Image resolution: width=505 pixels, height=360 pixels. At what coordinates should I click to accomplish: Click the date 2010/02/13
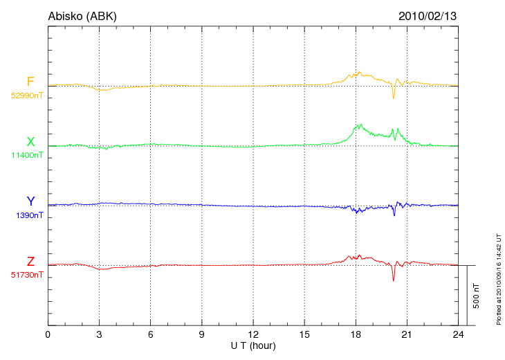pyautogui.click(x=428, y=16)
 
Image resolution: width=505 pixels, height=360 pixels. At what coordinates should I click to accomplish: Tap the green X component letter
pyautogui.click(x=30, y=142)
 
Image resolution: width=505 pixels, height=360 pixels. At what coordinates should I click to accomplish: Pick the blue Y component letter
pyautogui.click(x=30, y=201)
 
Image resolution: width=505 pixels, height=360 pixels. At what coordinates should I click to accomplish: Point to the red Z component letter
pyautogui.click(x=30, y=262)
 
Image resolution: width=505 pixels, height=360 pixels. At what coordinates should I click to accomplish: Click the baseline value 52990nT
pyautogui.click(x=26, y=96)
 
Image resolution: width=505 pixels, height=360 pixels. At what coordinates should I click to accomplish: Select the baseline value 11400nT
pyautogui.click(x=27, y=155)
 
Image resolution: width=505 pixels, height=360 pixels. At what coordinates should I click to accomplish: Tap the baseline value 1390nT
pyautogui.click(x=29, y=215)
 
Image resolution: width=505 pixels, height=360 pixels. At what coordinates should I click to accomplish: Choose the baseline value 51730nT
pyautogui.click(x=26, y=275)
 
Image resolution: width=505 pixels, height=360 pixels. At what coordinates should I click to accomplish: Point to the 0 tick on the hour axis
pyautogui.click(x=48, y=334)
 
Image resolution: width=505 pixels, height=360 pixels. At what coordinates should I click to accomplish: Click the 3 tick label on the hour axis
pyautogui.click(x=99, y=334)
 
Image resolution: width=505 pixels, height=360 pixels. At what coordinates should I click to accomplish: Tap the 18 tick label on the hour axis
pyautogui.click(x=356, y=334)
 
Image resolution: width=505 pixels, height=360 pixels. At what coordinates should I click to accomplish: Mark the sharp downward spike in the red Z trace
pyautogui.click(x=394, y=280)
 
